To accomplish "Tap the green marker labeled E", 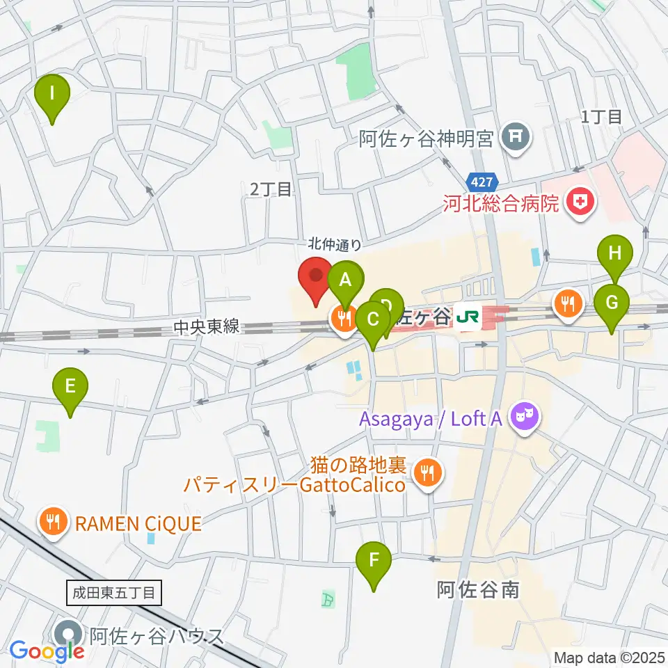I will pos(70,388).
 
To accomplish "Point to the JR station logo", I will pos(467,317).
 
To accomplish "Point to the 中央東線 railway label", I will pos(207,326).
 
